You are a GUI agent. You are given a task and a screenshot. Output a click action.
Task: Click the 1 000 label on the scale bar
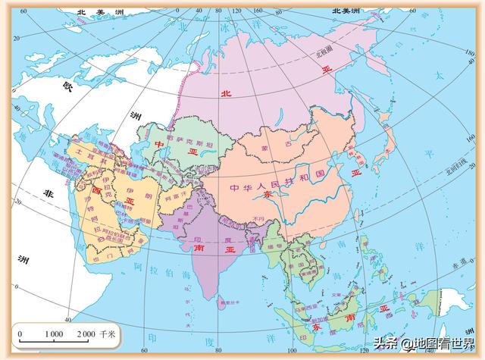pos(52,333)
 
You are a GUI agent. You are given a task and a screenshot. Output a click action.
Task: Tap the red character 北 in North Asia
pos(224,93)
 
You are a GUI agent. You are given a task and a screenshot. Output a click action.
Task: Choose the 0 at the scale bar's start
pos(20,333)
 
